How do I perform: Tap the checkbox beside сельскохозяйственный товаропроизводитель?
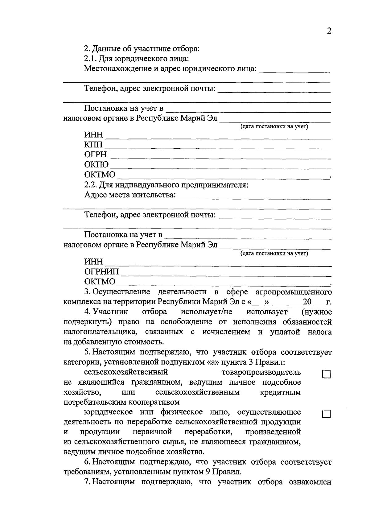coord(326,374)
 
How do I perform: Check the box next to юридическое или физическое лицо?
coord(326,414)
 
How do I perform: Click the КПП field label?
coord(94,145)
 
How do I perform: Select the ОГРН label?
coord(95,155)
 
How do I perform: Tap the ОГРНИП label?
coord(101,272)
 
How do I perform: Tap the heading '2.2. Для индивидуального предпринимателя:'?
coord(166,185)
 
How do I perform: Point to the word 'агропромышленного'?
coord(294,292)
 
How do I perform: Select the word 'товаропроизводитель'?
coord(261,372)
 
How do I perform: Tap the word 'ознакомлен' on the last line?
coord(310,482)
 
